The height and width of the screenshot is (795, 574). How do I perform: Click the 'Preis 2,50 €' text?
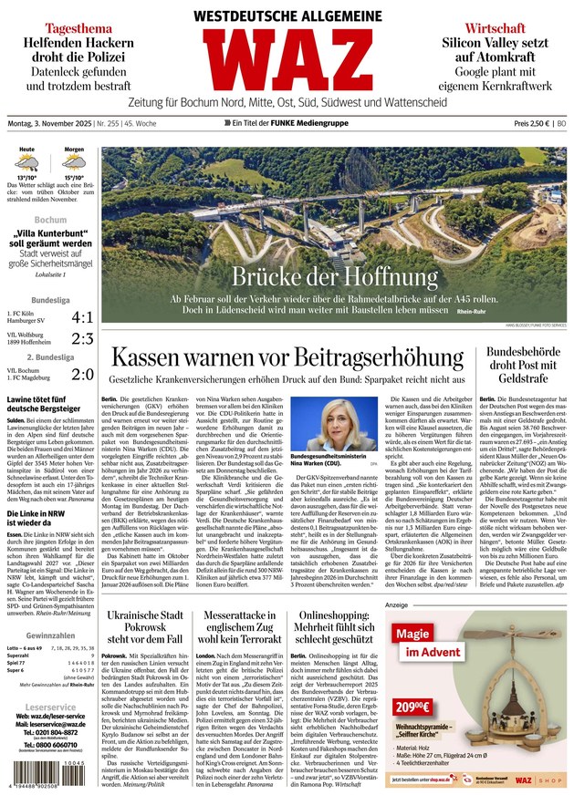(x=533, y=122)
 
